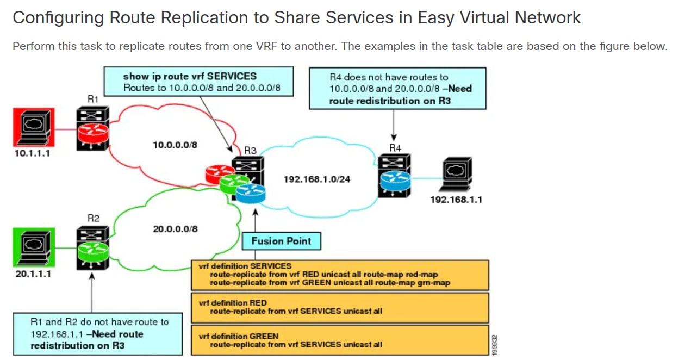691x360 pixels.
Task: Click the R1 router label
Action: click(x=93, y=99)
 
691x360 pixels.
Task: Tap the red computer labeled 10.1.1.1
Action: click(x=34, y=127)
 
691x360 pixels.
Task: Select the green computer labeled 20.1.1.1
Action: click(x=34, y=247)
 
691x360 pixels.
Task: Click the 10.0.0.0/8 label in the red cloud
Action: click(x=175, y=145)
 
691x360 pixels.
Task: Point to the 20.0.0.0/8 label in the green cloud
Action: click(x=175, y=229)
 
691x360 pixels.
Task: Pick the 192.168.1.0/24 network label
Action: click(x=317, y=179)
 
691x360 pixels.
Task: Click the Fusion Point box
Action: click(x=281, y=241)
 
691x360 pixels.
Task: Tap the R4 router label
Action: click(x=395, y=148)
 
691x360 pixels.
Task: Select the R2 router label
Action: click(x=93, y=219)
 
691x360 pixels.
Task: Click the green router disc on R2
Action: click(x=93, y=251)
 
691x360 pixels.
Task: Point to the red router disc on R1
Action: click(x=93, y=133)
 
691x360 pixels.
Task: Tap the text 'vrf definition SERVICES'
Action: click(x=245, y=266)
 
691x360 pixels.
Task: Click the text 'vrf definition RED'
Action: click(x=233, y=303)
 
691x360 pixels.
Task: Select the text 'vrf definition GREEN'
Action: click(x=239, y=336)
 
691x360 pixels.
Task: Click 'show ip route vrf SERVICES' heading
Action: click(x=190, y=76)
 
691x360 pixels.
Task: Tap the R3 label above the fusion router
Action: click(x=250, y=151)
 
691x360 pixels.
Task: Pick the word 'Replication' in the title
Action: click(x=205, y=17)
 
